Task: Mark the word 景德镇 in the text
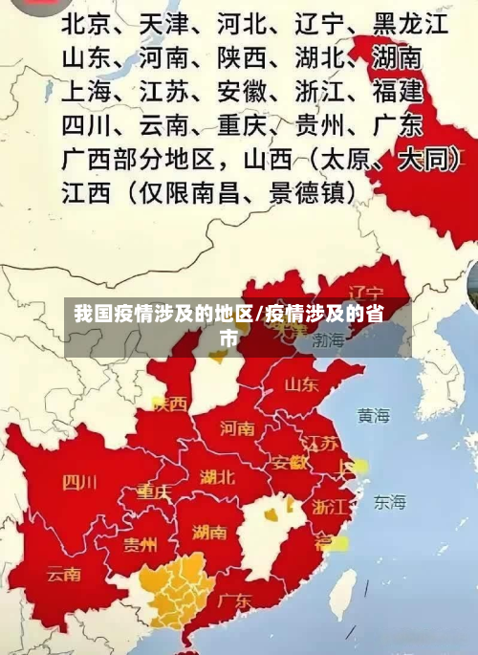[x=310, y=191]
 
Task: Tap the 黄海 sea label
[x=374, y=416]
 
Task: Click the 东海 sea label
[x=389, y=501]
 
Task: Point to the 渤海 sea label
[x=328, y=340]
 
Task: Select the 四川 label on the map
[x=79, y=481]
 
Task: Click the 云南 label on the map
[x=64, y=575]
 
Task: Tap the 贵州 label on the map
[x=141, y=544]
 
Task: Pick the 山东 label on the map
[x=301, y=384]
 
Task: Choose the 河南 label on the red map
[x=237, y=427]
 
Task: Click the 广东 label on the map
[x=234, y=601]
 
